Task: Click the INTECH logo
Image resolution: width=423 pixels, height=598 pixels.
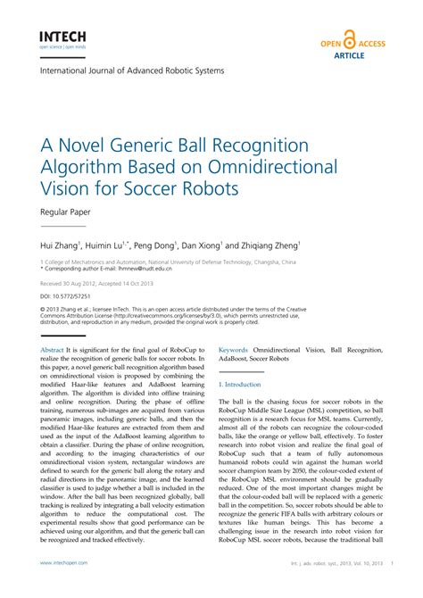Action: coord(62,37)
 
